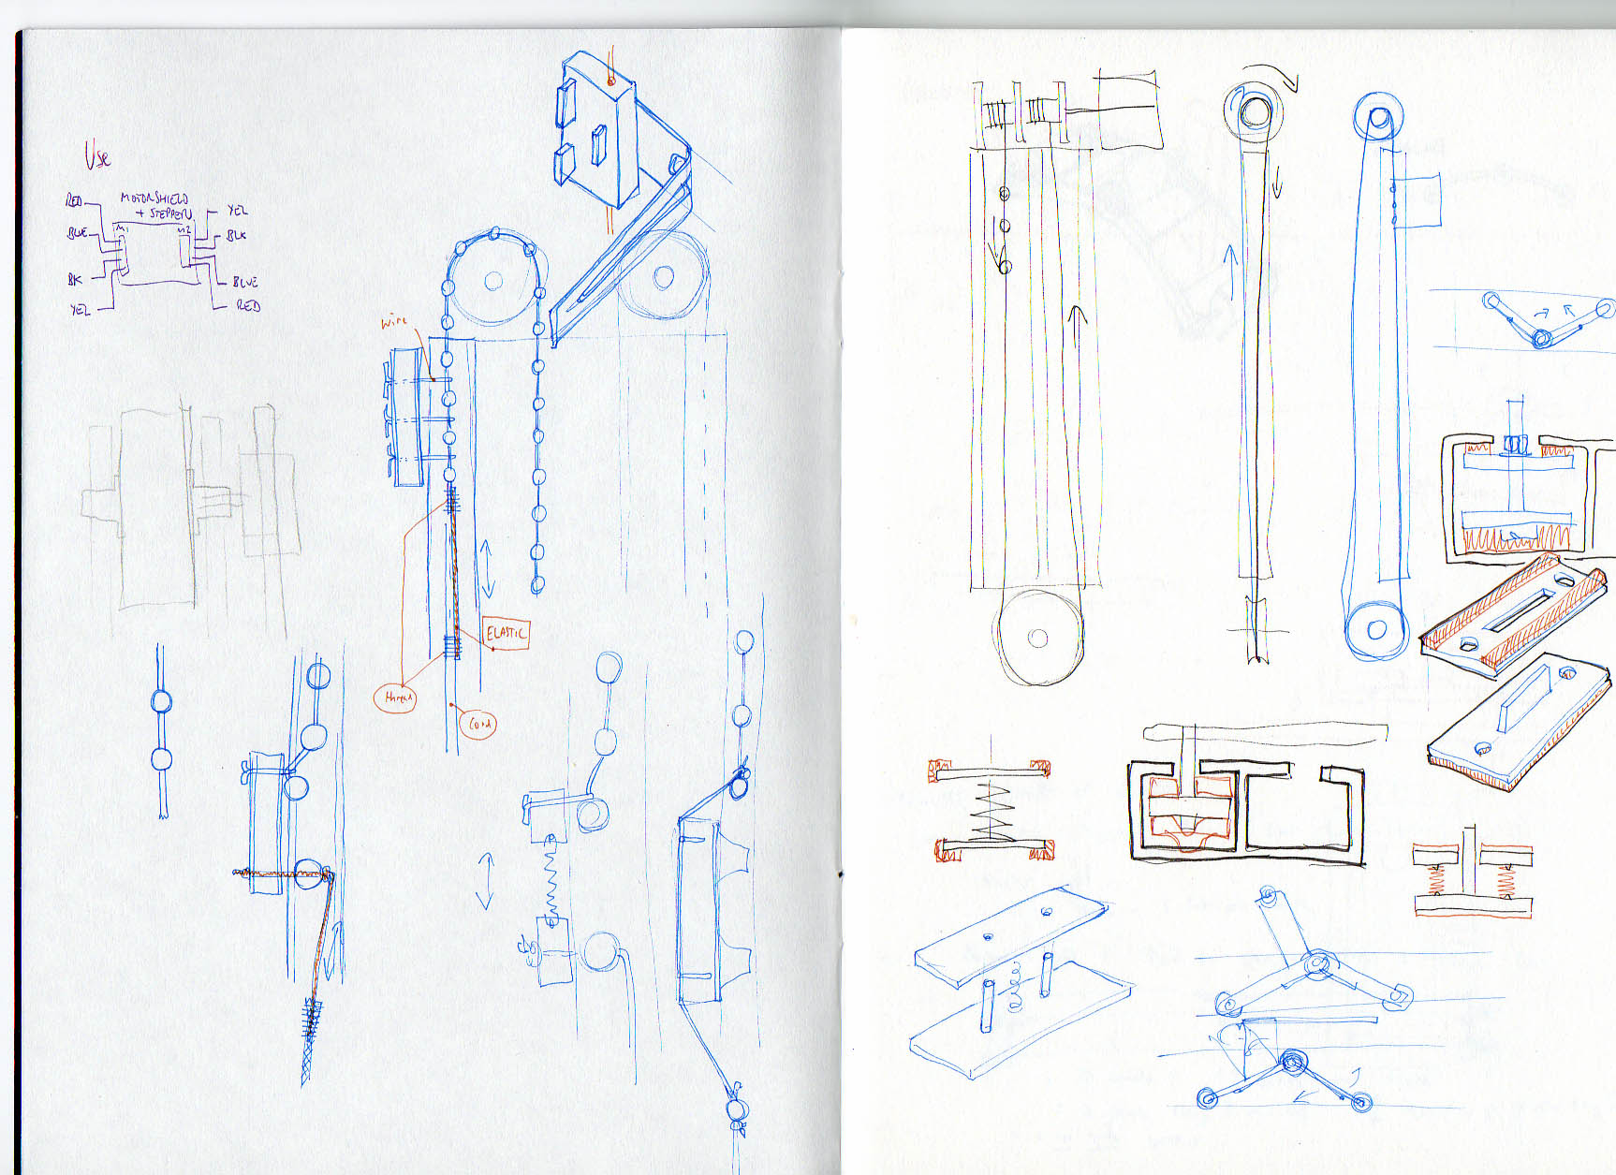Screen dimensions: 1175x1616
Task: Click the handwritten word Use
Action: [x=97, y=155]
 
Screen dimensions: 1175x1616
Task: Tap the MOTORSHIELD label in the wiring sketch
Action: [x=154, y=198]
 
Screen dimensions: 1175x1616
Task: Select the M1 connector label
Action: [x=121, y=228]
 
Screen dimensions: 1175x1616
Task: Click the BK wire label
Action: [x=75, y=279]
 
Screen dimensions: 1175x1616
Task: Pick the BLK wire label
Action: [x=237, y=235]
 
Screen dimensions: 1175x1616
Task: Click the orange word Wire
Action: [x=394, y=322]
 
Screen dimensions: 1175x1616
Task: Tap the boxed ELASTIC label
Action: [x=507, y=634]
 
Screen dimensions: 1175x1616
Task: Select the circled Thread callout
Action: [x=396, y=698]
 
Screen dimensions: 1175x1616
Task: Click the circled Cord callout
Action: [x=478, y=723]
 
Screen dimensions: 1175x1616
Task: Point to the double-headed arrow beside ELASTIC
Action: [x=487, y=567]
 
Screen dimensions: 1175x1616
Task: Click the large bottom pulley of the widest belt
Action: [x=1037, y=638]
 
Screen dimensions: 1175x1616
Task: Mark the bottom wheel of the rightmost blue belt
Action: [x=1375, y=629]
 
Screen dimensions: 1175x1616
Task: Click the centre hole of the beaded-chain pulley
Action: [x=492, y=280]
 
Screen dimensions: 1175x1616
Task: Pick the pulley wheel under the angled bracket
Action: [x=663, y=276]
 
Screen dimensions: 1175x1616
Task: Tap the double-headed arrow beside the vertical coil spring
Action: [x=485, y=880]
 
